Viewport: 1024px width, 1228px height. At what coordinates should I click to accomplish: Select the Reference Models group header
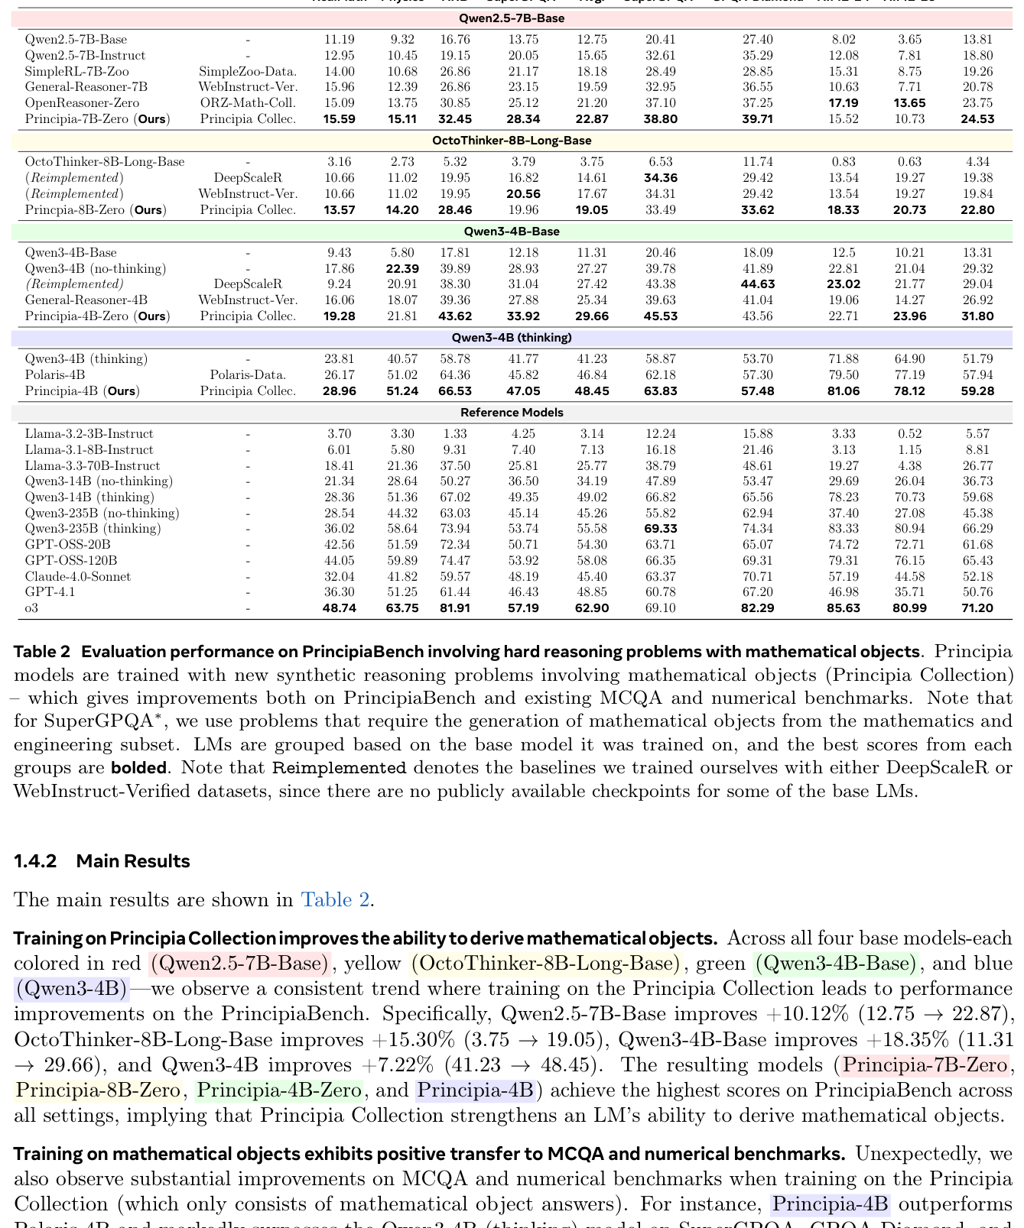(512, 413)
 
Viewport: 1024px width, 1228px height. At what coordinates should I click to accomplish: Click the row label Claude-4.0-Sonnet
(78, 576)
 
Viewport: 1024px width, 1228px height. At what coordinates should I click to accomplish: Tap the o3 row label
(31, 608)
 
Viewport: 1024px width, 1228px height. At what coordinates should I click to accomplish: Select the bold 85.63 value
(843, 608)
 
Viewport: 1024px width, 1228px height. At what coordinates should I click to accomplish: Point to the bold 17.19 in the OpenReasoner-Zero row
(843, 102)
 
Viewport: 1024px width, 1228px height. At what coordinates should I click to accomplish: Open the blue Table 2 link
(335, 899)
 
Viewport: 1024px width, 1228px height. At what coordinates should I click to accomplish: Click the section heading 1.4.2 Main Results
(102, 861)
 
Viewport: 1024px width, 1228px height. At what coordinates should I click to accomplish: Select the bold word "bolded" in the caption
(138, 767)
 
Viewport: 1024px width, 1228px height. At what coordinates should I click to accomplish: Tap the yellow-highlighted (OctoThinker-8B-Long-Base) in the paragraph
(545, 964)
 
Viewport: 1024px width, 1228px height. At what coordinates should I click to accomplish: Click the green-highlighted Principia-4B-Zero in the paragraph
(279, 1090)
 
